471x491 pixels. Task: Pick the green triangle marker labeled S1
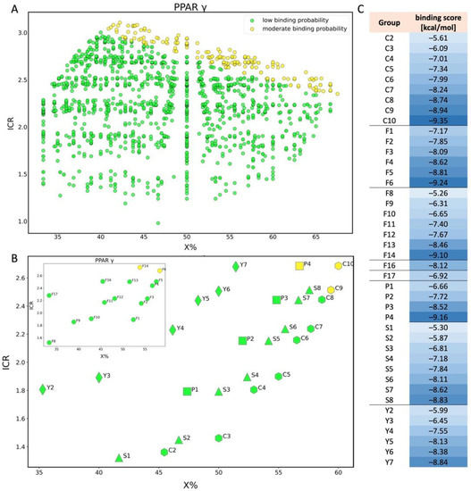[119, 458]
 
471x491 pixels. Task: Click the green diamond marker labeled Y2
[42, 389]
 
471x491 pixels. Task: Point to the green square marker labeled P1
[187, 391]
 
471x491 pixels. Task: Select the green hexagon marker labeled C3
[218, 438]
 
